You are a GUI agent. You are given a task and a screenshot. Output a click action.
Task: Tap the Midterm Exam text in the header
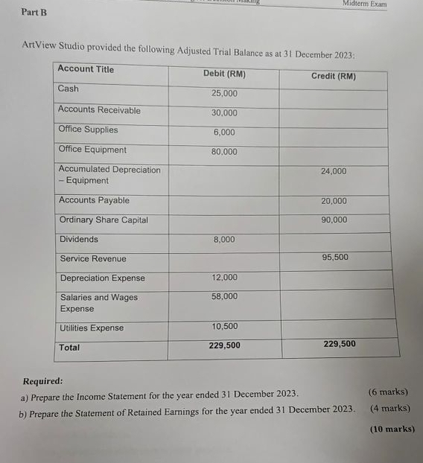[x=364, y=4]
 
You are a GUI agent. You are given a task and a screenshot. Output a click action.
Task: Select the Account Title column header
[x=86, y=69]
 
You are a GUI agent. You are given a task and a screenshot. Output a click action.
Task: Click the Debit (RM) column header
[x=224, y=74]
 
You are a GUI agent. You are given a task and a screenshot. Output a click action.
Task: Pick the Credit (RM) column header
[x=333, y=76]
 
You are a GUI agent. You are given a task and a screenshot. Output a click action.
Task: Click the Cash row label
[x=68, y=89]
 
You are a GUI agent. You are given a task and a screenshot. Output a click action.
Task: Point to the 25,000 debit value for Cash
[x=224, y=94]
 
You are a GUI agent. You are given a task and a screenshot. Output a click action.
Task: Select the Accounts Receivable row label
[x=99, y=110]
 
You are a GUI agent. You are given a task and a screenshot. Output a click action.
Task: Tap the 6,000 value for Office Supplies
[x=224, y=132]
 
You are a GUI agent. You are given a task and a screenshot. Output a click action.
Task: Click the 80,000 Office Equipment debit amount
[x=224, y=152]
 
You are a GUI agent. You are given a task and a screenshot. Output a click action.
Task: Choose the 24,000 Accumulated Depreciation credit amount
[x=334, y=171]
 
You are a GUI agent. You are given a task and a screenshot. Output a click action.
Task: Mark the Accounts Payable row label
[x=94, y=200]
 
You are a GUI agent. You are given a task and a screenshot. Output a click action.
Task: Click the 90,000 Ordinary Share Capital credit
[x=334, y=220]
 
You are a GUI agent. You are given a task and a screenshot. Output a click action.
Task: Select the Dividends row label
[x=79, y=239]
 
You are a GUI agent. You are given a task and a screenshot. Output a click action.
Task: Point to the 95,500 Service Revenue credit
[x=335, y=257]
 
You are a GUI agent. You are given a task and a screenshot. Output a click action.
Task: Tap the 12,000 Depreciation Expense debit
[x=224, y=277]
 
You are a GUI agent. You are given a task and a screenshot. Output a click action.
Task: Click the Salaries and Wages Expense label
[x=98, y=302]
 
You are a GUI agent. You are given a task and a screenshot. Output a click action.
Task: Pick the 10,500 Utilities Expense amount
[x=224, y=326]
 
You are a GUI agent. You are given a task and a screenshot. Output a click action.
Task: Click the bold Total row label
[x=69, y=348]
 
